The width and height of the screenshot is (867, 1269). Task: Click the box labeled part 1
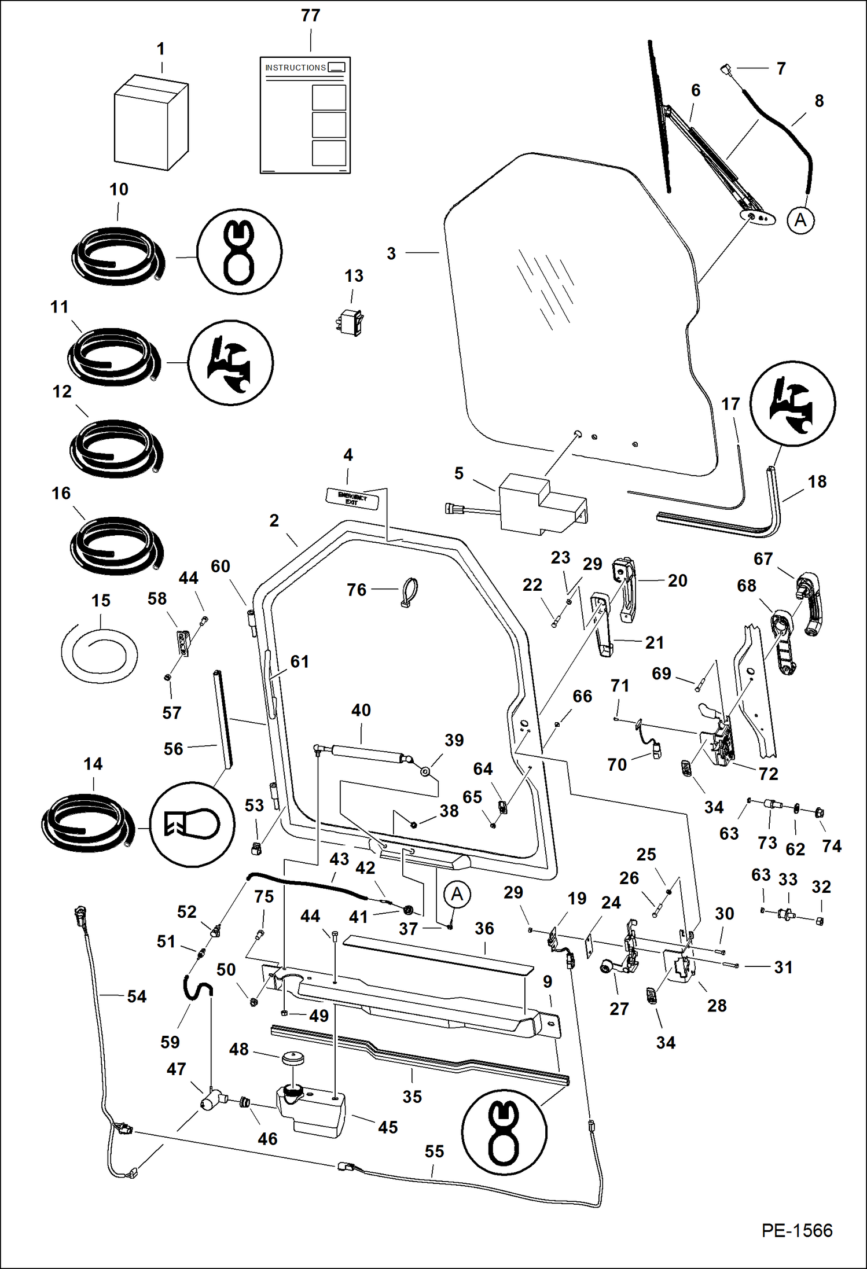(151, 123)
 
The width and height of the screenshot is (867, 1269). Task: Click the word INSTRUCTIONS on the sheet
(295, 68)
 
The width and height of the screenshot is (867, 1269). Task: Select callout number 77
(310, 16)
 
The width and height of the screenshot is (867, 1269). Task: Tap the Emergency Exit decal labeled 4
(352, 498)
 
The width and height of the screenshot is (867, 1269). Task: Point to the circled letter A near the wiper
(800, 220)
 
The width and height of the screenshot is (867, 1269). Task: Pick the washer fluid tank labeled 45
(311, 1110)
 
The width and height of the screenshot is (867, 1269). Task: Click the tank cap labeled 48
(293, 1058)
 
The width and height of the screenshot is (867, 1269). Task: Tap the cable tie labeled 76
(409, 592)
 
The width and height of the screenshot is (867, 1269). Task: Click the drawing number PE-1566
(796, 1230)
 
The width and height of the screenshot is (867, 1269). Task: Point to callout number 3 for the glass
(391, 253)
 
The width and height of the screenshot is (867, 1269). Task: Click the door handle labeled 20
(626, 588)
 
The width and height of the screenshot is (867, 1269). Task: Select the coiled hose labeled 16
(116, 546)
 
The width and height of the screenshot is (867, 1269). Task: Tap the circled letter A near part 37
(457, 894)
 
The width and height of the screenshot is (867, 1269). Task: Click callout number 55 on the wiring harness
(434, 1152)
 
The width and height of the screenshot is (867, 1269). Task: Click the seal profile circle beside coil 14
(192, 824)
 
